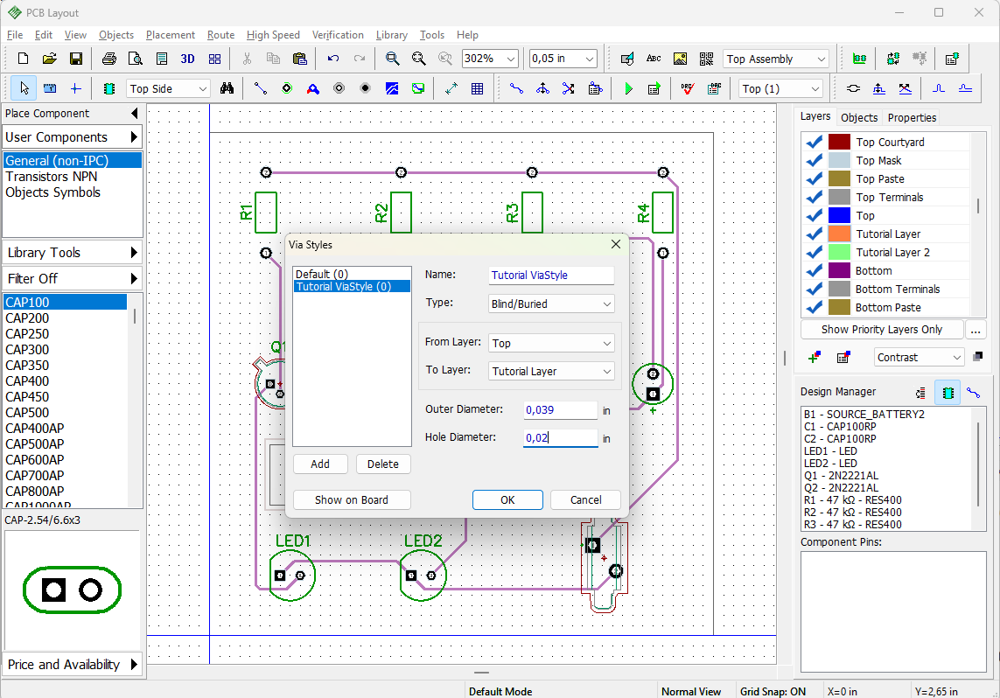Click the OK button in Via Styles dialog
pyautogui.click(x=507, y=499)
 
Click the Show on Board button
pyautogui.click(x=352, y=499)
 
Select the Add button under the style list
pyautogui.click(x=320, y=464)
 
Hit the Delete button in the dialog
pyautogui.click(x=382, y=464)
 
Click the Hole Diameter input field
pyautogui.click(x=560, y=437)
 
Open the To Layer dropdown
pyautogui.click(x=551, y=371)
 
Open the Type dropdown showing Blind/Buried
pyautogui.click(x=551, y=304)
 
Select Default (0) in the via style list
pyautogui.click(x=321, y=274)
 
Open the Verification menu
pyautogui.click(x=338, y=35)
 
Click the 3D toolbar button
pyautogui.click(x=187, y=59)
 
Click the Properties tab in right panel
pyautogui.click(x=912, y=118)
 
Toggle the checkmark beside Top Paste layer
pyautogui.click(x=814, y=179)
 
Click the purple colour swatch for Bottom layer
pyautogui.click(x=839, y=271)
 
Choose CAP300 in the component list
pyautogui.click(x=27, y=349)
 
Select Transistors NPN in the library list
pyautogui.click(x=52, y=177)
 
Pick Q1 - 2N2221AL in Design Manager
pyautogui.click(x=841, y=476)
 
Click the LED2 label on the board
pyautogui.click(x=423, y=541)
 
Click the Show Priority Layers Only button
pyautogui.click(x=881, y=330)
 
